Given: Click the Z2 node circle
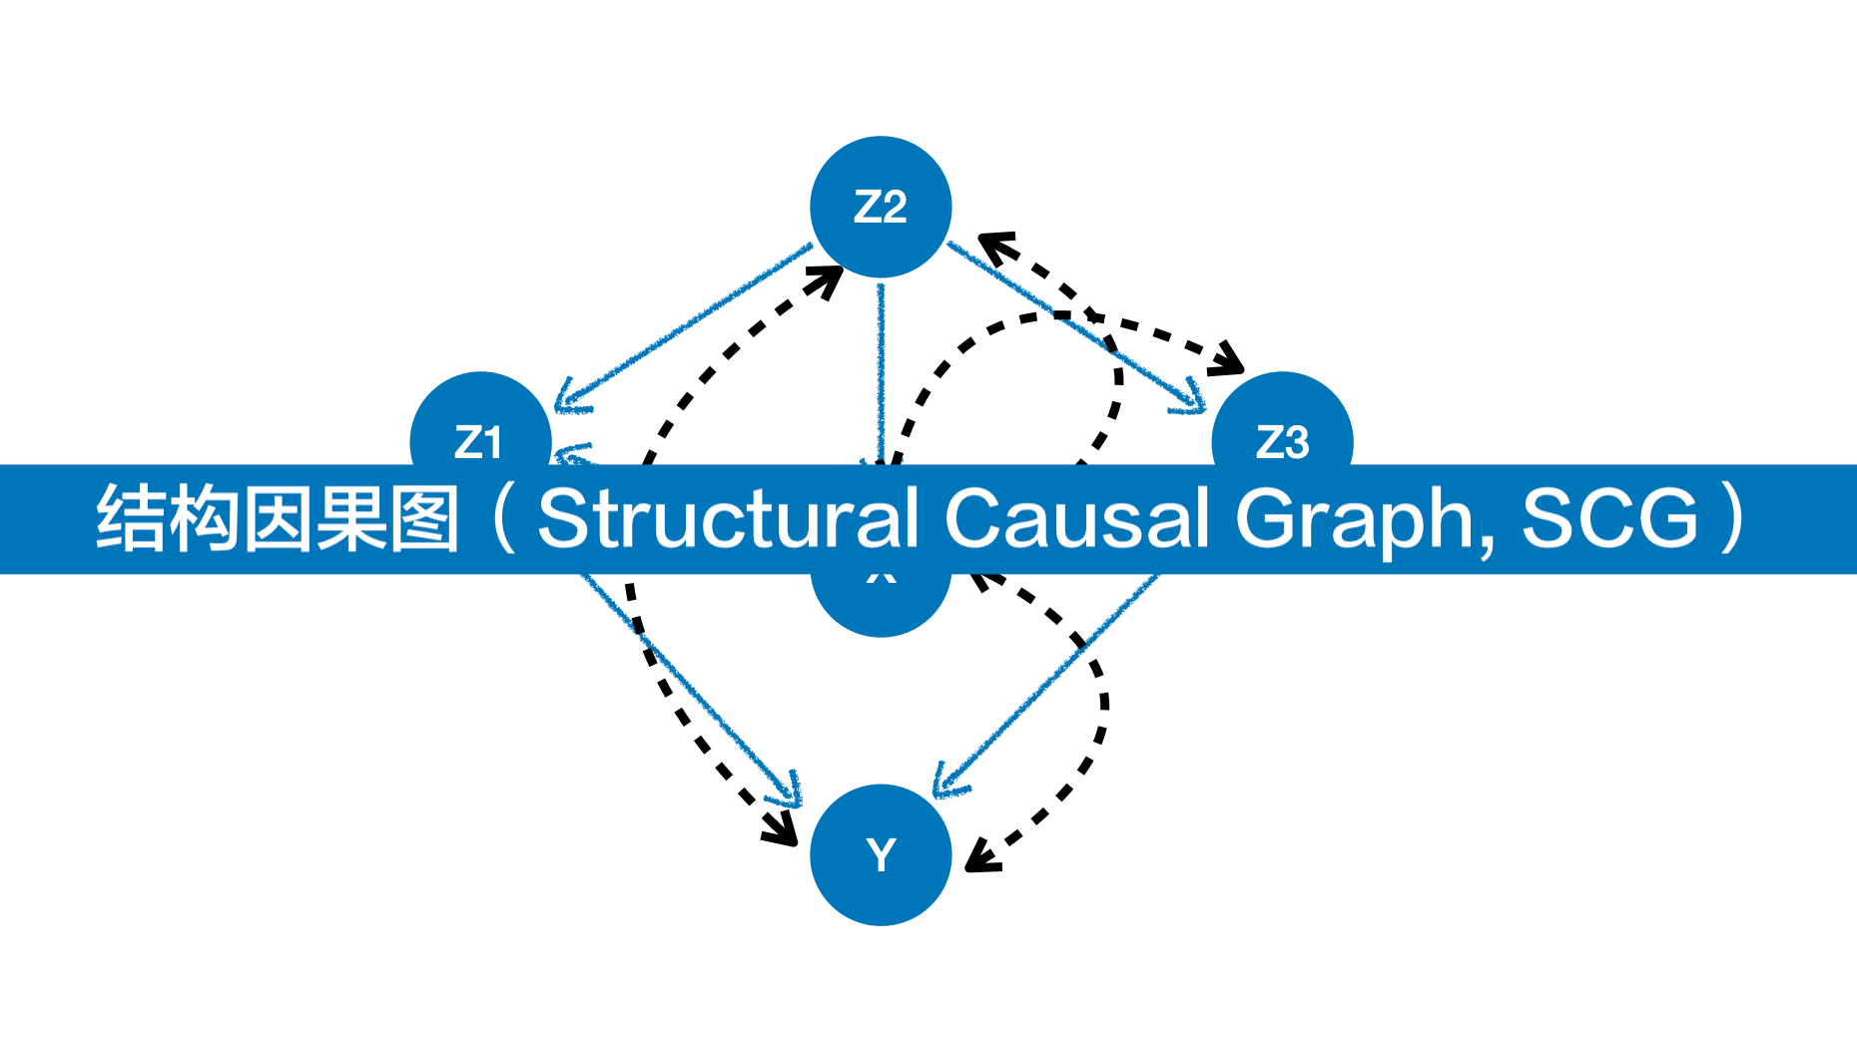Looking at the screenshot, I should (880, 207).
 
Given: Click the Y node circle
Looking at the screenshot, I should (880, 855).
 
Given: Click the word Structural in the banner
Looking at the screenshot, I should (728, 518).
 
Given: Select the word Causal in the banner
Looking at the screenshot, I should (1076, 518).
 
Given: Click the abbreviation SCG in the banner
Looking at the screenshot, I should (1609, 518).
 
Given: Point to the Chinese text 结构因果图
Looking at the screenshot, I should (278, 518).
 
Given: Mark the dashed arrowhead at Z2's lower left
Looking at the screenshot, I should (828, 279).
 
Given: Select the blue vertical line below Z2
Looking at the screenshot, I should (881, 369).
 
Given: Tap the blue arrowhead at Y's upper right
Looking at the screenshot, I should (946, 782).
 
